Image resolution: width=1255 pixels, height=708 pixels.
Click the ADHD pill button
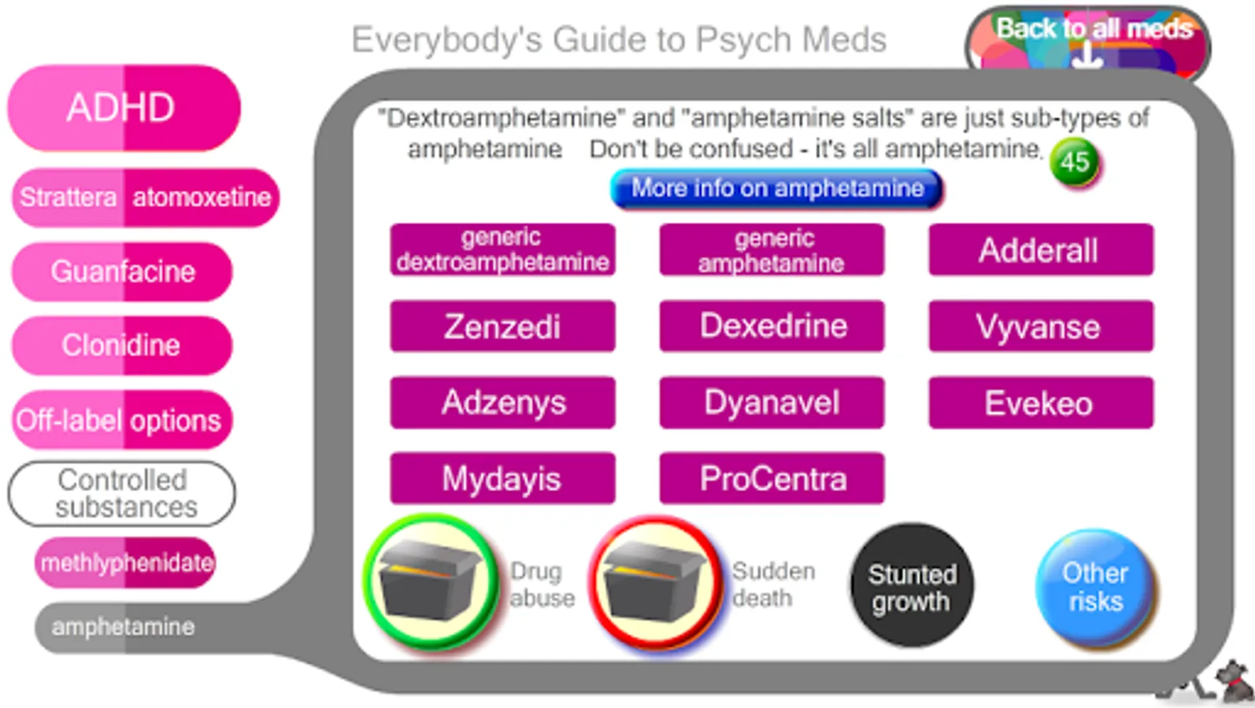coord(124,108)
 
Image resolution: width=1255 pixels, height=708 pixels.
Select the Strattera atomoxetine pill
coord(146,197)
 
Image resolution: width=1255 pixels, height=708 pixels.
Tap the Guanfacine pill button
coord(122,271)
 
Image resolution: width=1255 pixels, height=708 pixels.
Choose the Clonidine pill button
coord(122,345)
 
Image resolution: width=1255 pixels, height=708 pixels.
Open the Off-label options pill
coord(120,420)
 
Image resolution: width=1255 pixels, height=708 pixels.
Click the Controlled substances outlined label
coord(122,494)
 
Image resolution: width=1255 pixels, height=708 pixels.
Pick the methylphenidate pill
coord(125,562)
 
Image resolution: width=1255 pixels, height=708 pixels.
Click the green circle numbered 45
coord(1075,162)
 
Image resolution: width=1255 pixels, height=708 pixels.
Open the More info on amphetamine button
coord(776,190)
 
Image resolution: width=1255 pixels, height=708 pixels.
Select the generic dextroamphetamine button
coord(502,250)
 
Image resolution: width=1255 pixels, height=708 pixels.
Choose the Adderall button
coord(1040,250)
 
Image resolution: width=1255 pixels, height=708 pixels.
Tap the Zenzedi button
coord(502,326)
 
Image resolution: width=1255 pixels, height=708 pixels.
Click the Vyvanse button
coord(1040,326)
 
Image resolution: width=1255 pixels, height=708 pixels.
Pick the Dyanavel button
coord(772,403)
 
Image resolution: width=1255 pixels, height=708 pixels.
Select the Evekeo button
coord(1040,403)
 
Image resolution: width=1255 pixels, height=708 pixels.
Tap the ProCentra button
coord(772,478)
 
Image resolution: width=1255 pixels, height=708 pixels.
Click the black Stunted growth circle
coord(912,586)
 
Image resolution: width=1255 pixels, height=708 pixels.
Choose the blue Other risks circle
coord(1095,588)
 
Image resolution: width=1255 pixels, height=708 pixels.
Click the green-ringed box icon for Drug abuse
coord(431,582)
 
